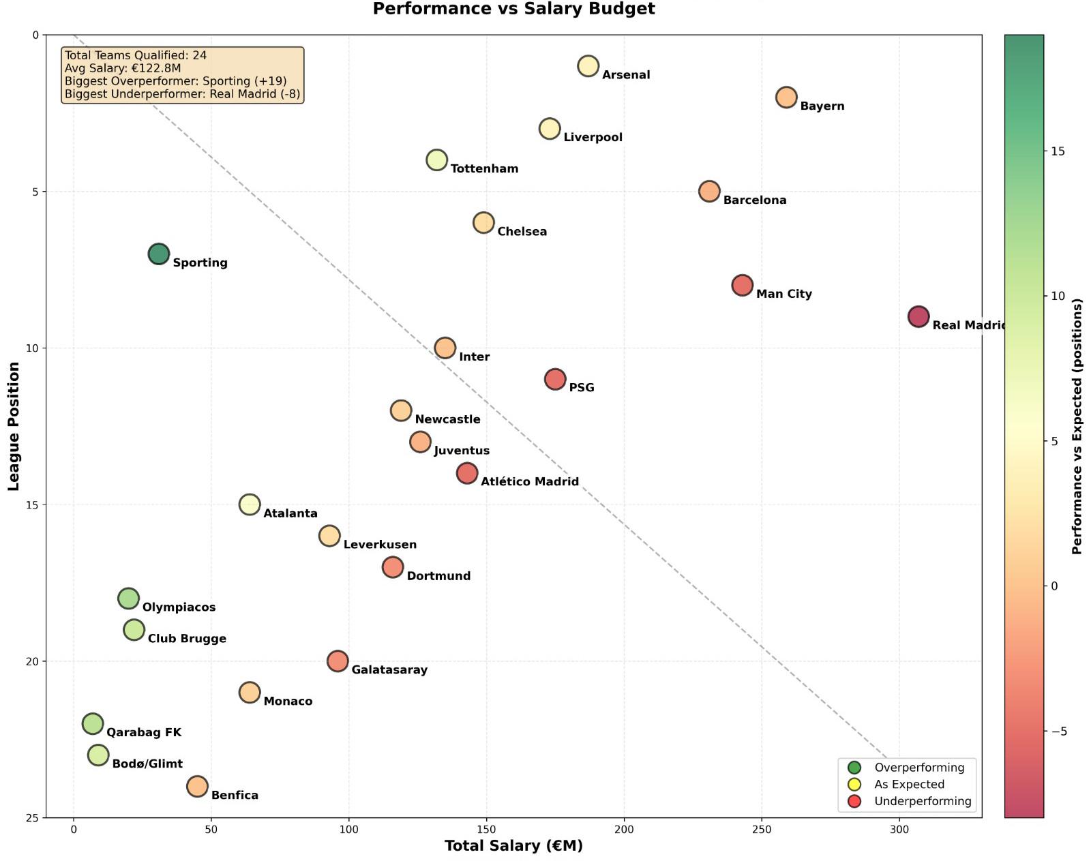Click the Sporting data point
pyautogui.click(x=158, y=254)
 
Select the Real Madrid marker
pyautogui.click(x=918, y=317)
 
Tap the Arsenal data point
pyautogui.click(x=588, y=66)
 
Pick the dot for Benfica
pyautogui.click(x=197, y=787)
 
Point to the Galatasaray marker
pyautogui.click(x=338, y=661)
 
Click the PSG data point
pyautogui.click(x=555, y=379)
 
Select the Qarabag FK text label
pyautogui.click(x=144, y=733)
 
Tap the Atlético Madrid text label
pyautogui.click(x=529, y=482)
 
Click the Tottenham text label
pyautogui.click(x=484, y=169)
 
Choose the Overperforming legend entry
pyautogui.click(x=918, y=768)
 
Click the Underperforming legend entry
pyautogui.click(x=922, y=802)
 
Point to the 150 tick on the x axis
pyautogui.click(x=486, y=830)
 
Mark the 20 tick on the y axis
pyautogui.click(x=32, y=661)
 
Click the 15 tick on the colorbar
pyautogui.click(x=1058, y=151)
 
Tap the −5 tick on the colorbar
pyautogui.click(x=1059, y=731)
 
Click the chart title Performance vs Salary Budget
pyautogui.click(x=513, y=9)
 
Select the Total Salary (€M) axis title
pyautogui.click(x=513, y=846)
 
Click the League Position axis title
pyautogui.click(x=14, y=426)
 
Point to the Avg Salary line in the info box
pyautogui.click(x=123, y=68)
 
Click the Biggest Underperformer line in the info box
pyautogui.click(x=182, y=94)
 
